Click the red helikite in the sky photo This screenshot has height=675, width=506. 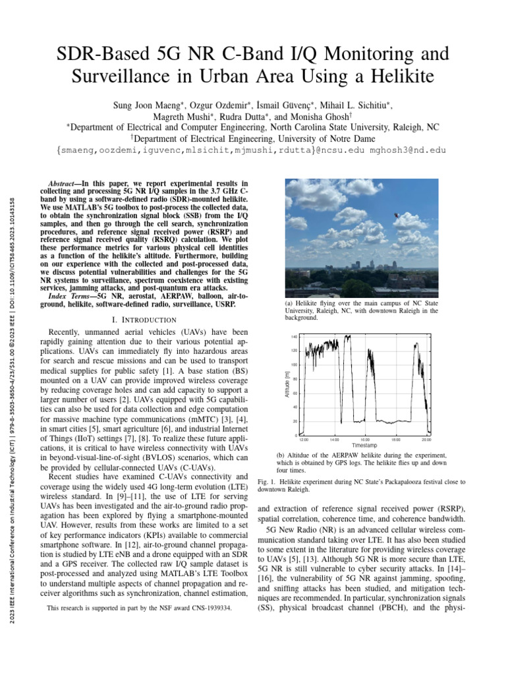coord(396,215)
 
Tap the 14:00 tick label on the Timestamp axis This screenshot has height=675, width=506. coord(334,439)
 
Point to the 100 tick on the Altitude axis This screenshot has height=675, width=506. coord(295,365)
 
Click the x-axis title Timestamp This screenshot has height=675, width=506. coord(364,446)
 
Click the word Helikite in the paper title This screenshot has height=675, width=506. coord(402,78)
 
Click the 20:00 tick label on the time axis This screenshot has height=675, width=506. coord(426,439)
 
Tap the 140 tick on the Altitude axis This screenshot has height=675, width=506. coord(295,337)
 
